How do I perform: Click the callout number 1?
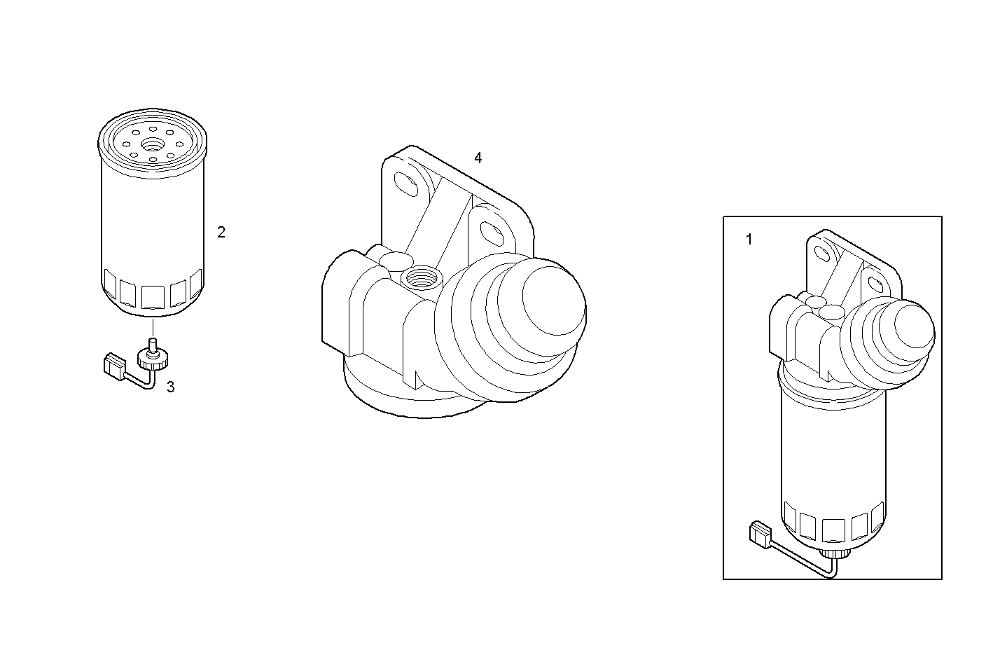(x=749, y=240)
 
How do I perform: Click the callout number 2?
(x=221, y=232)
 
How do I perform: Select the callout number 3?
(x=170, y=386)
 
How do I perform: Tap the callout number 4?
(x=478, y=158)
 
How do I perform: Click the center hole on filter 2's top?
(x=152, y=144)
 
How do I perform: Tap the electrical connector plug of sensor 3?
(x=114, y=365)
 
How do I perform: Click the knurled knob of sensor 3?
(x=153, y=360)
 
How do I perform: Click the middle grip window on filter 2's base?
(x=152, y=296)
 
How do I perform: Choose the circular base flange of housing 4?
(x=413, y=399)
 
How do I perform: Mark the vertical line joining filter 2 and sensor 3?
(x=152, y=328)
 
